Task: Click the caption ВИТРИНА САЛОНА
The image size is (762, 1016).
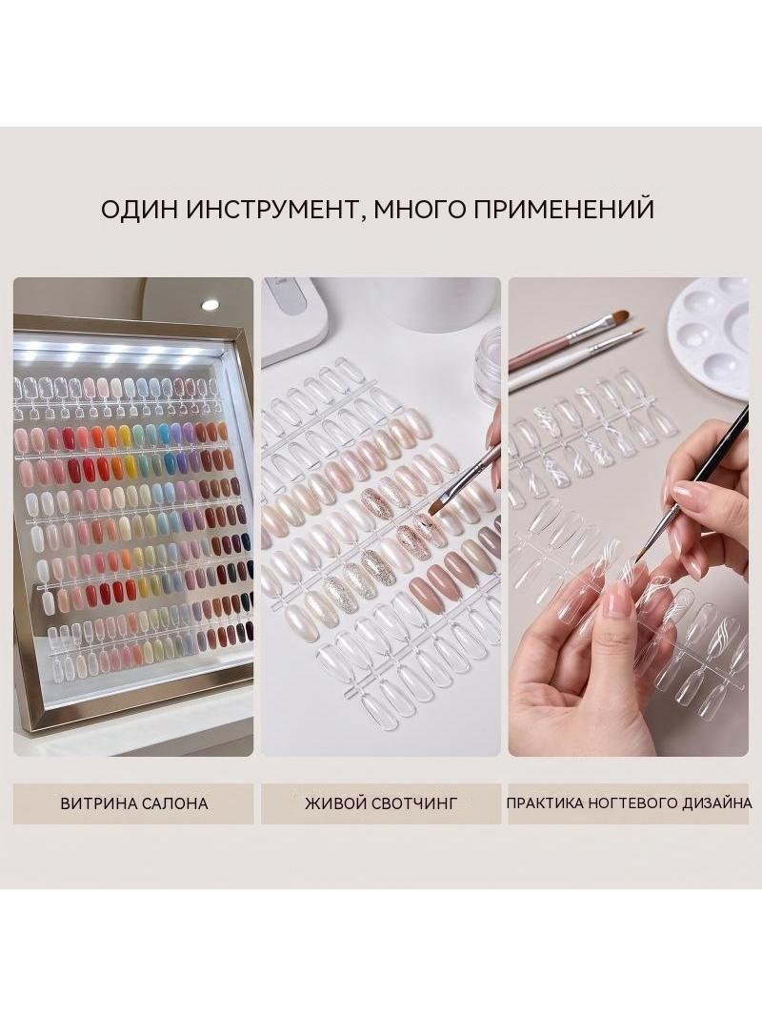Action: click(134, 803)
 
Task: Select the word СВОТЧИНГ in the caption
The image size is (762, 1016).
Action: click(414, 803)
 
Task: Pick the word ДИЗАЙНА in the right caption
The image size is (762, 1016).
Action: click(717, 803)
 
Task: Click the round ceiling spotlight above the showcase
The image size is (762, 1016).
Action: click(210, 305)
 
